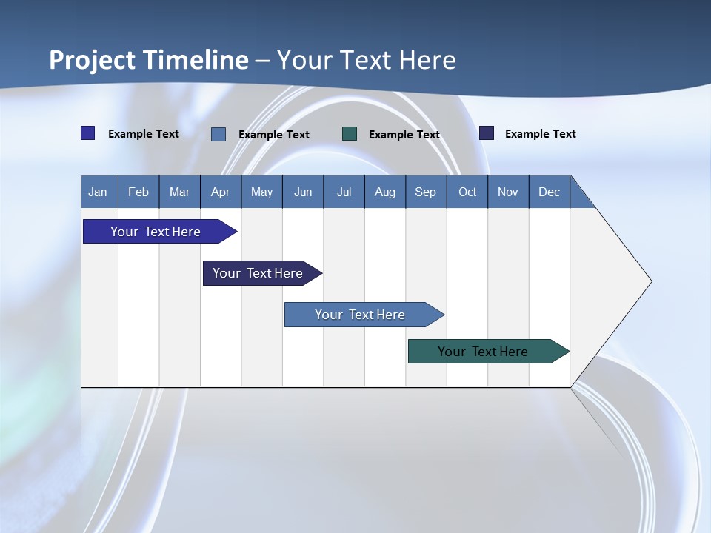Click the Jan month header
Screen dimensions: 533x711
click(99, 192)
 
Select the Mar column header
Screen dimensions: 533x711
click(179, 192)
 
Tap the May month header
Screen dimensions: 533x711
click(261, 192)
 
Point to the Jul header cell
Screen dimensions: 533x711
click(344, 192)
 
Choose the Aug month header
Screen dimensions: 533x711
click(384, 192)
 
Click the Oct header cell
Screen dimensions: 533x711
click(467, 192)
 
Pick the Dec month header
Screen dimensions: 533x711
click(549, 192)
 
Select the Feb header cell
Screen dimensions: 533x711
click(138, 192)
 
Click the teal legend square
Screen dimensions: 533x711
click(350, 134)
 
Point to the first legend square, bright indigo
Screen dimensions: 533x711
click(87, 133)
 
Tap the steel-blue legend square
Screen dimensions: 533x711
click(218, 134)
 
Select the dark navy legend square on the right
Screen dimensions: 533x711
click(487, 133)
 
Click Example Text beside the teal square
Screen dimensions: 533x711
click(404, 135)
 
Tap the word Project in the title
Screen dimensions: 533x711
click(92, 60)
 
